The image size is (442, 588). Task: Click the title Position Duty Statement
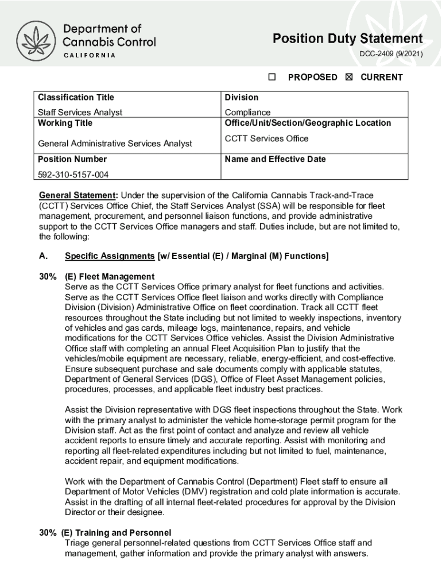tap(347, 39)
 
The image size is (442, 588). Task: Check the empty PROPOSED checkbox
tap(273, 77)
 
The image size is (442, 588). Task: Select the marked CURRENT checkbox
tap(349, 77)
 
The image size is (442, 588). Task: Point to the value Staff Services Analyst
tap(80, 113)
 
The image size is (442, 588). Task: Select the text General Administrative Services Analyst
tap(115, 144)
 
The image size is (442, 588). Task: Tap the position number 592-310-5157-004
tap(73, 175)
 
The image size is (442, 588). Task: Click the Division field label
tap(241, 97)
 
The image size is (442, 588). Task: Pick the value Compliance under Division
tap(247, 113)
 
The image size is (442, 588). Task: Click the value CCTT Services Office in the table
tap(266, 138)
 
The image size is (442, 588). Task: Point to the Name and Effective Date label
tap(275, 159)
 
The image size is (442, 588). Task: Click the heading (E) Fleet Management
tap(110, 277)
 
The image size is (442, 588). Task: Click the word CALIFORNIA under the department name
tap(89, 55)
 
